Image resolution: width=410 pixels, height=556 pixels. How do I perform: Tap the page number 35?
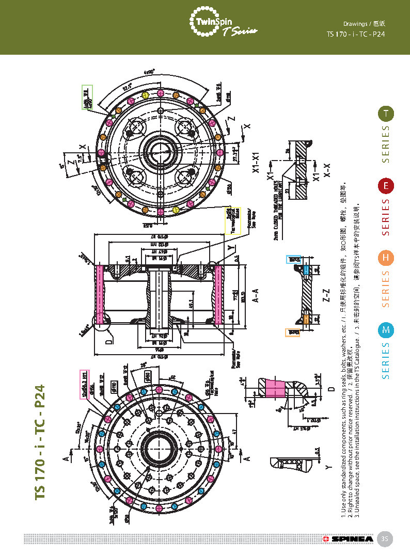coord(384,538)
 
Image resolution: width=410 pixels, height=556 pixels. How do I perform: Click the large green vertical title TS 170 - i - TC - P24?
coord(40,441)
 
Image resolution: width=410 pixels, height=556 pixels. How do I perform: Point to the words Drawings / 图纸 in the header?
coord(365,24)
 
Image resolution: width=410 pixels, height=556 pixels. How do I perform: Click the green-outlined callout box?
coord(87,97)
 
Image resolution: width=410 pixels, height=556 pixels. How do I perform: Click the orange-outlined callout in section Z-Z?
coord(293,332)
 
